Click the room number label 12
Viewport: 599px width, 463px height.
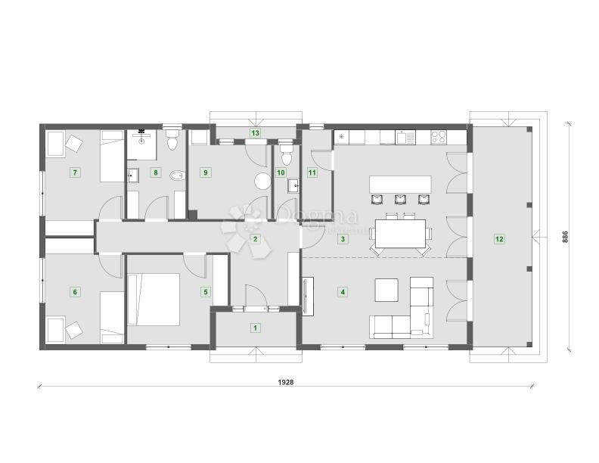point(498,239)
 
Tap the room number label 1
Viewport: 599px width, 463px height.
point(256,328)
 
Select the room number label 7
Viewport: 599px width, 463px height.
point(74,172)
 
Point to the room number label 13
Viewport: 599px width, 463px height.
point(256,133)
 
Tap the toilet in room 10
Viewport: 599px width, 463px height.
point(286,156)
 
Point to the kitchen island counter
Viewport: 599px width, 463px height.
point(400,184)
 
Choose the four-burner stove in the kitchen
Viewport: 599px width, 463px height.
point(439,137)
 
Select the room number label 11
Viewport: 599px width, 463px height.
point(312,172)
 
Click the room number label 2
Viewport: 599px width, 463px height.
point(256,240)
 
